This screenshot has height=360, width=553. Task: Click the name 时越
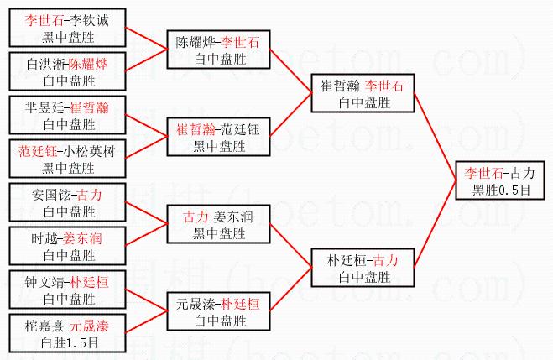point(47,238)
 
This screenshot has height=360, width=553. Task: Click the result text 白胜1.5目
point(68,342)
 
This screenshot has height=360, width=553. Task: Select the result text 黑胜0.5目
point(501,190)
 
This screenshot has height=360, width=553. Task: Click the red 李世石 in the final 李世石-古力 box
point(483,174)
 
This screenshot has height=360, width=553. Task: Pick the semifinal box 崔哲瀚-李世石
point(363,93)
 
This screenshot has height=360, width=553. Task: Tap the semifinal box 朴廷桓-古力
point(363,268)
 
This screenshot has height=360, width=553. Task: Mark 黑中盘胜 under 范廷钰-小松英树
point(68,168)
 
